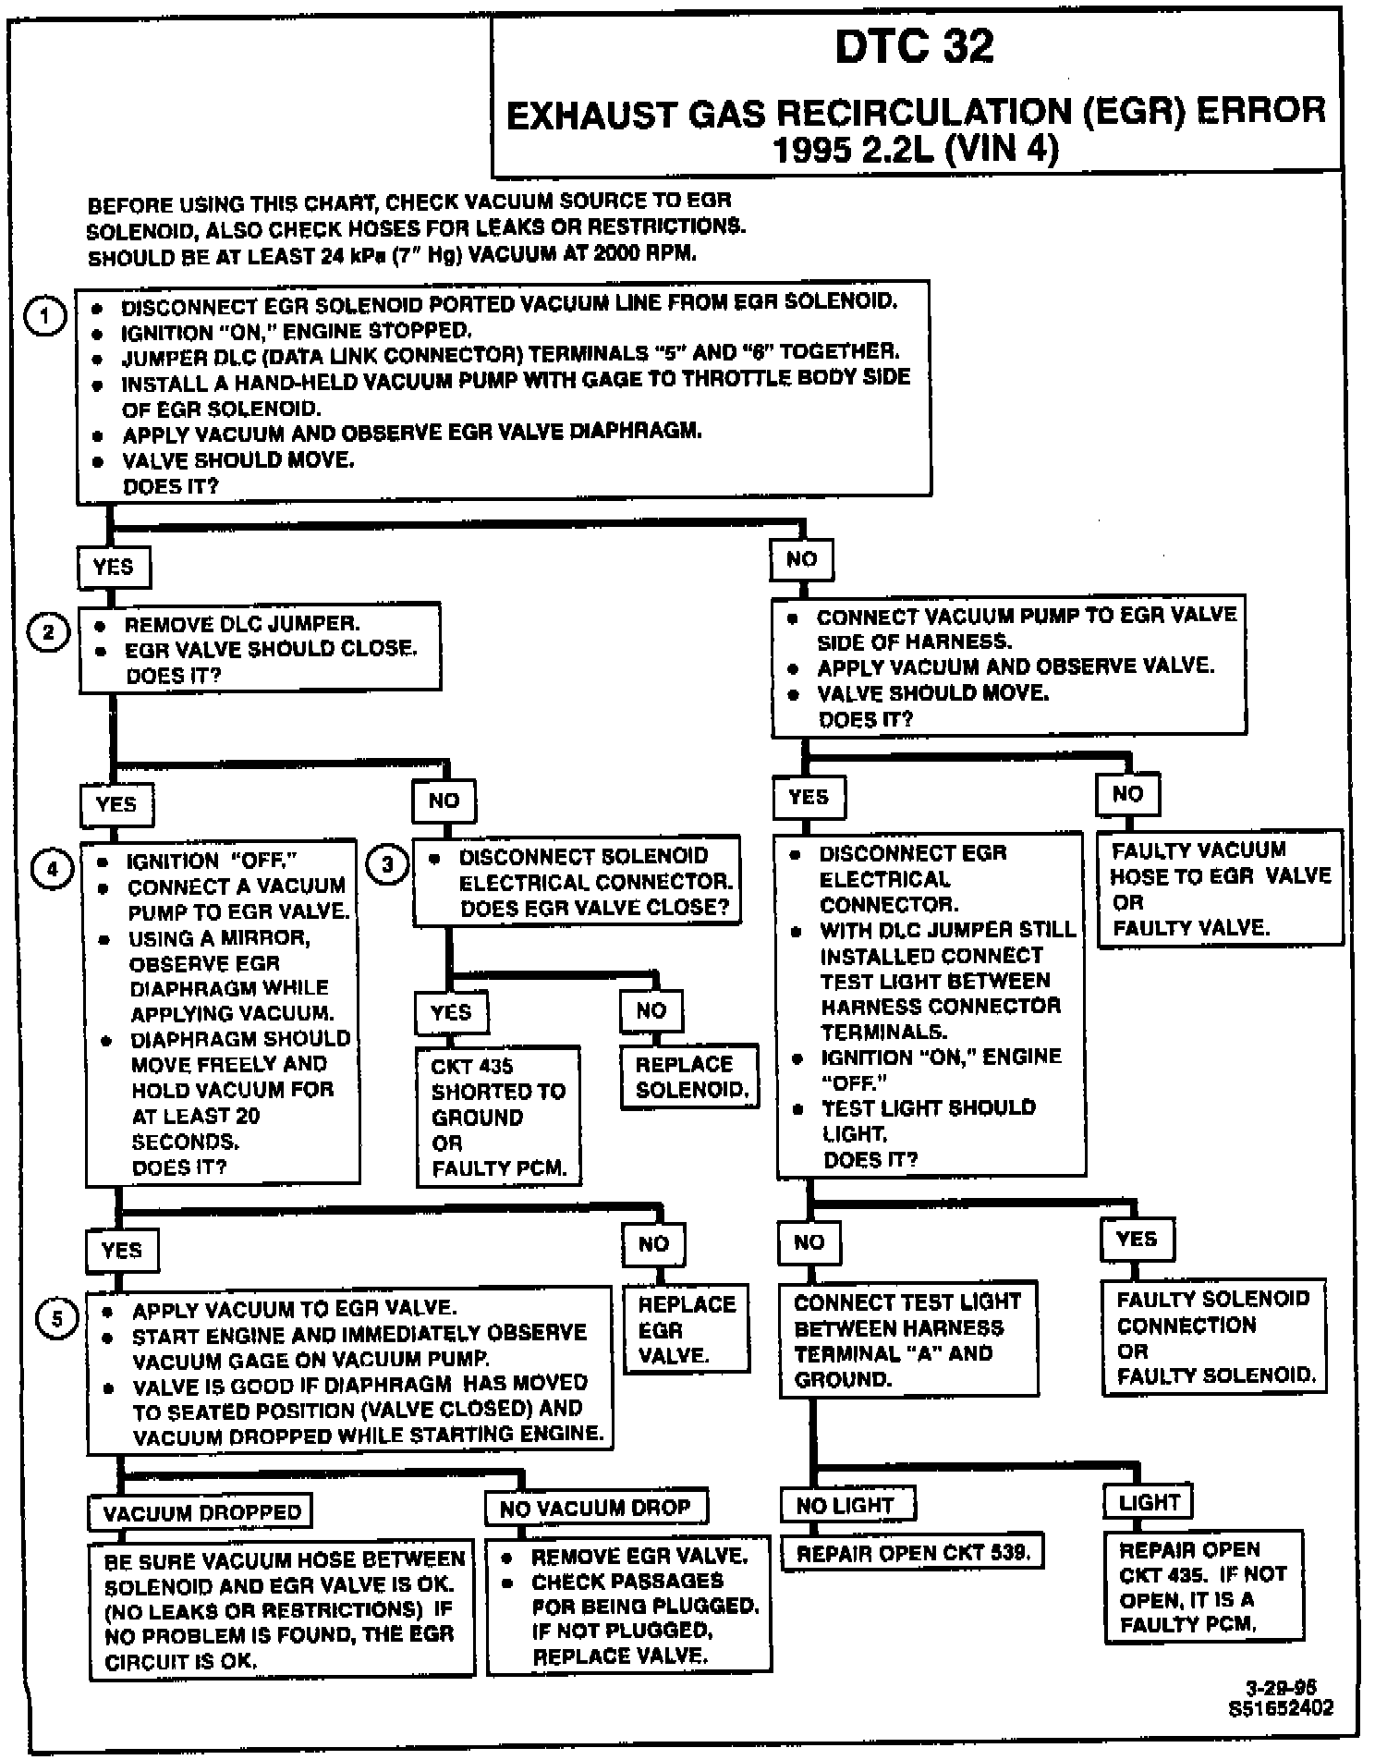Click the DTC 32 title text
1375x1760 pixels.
coord(914,47)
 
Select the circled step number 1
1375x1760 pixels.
coord(45,316)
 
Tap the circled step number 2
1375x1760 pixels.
coord(50,633)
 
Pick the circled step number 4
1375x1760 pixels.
coord(52,869)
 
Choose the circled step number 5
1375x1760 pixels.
coord(57,1318)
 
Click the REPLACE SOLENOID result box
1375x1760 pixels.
coord(690,1077)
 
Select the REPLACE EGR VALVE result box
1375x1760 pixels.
coord(686,1330)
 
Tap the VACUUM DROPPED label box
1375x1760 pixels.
coord(201,1512)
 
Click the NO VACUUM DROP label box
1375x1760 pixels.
coord(596,1508)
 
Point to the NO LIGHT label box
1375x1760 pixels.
coord(846,1505)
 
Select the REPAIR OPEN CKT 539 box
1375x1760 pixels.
coord(912,1553)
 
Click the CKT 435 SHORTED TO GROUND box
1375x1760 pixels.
coord(498,1117)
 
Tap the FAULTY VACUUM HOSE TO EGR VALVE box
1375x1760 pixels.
coord(1220,888)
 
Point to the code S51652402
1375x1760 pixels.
coord(1281,1708)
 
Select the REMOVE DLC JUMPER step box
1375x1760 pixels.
coord(260,648)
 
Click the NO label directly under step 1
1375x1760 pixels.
coord(801,559)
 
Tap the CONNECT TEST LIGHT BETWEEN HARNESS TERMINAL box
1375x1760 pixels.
coord(907,1340)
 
